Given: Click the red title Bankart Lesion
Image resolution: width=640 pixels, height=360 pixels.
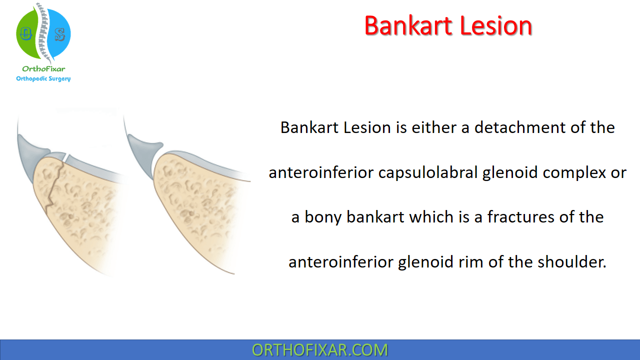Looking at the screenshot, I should pos(448,26).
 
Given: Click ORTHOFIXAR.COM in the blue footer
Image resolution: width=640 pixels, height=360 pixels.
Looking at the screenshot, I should pos(320,350).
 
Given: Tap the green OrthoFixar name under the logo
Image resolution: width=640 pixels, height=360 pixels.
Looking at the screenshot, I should pos(43,69).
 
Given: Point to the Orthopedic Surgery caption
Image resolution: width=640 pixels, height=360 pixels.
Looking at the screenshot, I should pos(43,78).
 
